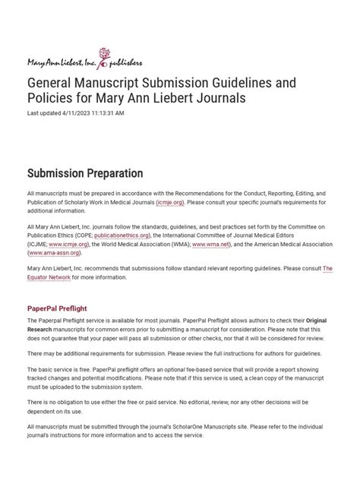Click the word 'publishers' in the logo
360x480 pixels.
click(x=120, y=62)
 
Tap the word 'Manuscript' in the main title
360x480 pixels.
click(x=111, y=82)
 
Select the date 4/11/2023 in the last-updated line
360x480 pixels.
click(x=77, y=113)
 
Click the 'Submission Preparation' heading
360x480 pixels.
click(x=85, y=174)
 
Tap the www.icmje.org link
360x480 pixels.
click(x=68, y=245)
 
